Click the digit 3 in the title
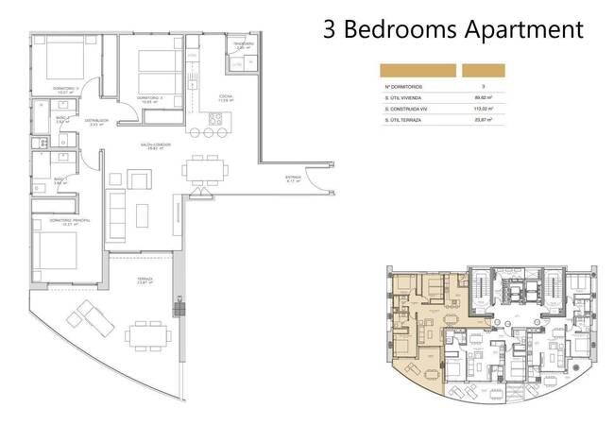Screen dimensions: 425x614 330,29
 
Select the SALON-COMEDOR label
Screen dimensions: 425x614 155,146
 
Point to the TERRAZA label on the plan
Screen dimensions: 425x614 144,280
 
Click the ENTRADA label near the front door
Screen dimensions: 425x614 293,178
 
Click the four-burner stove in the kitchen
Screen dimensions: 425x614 215,119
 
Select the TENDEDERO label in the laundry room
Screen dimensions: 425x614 244,45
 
